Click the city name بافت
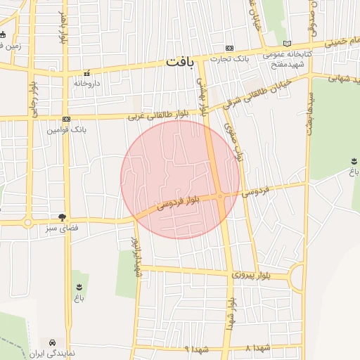(179, 62)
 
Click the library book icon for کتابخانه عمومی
(286, 44)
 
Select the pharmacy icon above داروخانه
(87, 72)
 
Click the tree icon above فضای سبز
(63, 217)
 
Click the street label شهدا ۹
(194, 349)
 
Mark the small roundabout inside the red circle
(220, 197)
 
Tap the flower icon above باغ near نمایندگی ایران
(78, 286)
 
